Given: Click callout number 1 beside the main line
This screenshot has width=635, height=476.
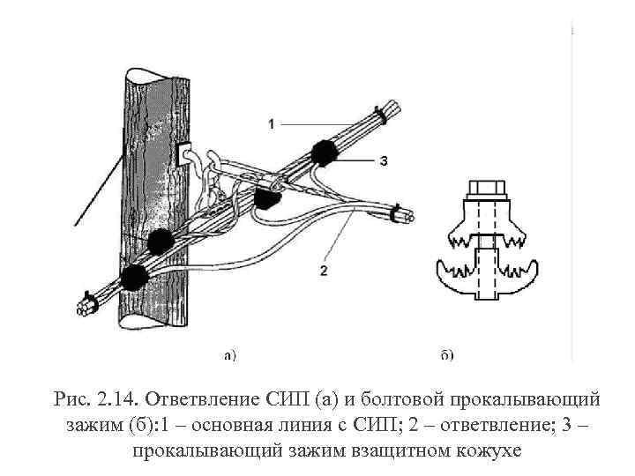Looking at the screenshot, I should click(x=271, y=123).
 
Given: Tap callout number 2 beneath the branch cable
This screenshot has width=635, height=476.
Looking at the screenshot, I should click(x=324, y=270).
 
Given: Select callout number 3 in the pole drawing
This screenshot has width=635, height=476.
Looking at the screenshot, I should click(x=384, y=160).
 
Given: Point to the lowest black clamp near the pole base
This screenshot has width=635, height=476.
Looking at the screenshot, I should click(x=134, y=277).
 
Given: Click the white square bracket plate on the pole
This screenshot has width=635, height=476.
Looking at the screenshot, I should click(x=186, y=155).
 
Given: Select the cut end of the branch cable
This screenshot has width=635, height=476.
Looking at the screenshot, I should click(x=407, y=215).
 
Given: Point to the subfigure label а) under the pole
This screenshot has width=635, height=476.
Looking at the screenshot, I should click(x=228, y=355).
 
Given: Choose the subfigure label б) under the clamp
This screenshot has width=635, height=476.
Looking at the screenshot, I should click(x=446, y=355).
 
